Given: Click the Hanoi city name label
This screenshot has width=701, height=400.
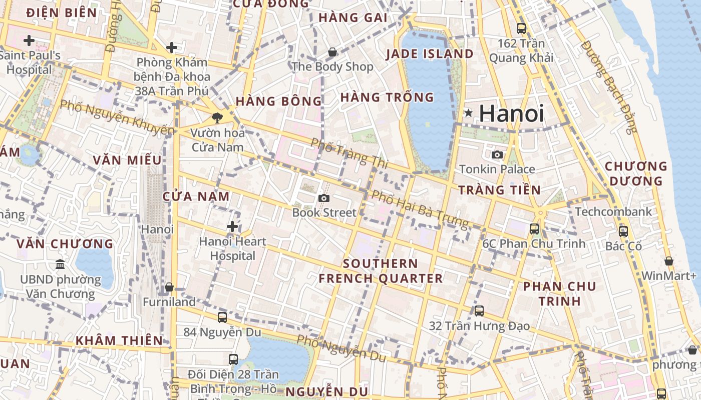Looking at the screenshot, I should click(x=511, y=113).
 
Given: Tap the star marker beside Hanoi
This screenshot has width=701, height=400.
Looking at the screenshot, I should click(x=468, y=113).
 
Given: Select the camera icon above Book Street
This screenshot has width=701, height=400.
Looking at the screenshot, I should click(x=324, y=198).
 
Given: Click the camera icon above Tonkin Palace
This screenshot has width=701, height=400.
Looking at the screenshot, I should click(x=497, y=154).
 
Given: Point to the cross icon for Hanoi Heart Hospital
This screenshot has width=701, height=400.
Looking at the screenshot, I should click(x=232, y=226).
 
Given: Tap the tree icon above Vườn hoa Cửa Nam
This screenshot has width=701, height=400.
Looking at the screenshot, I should click(x=217, y=118).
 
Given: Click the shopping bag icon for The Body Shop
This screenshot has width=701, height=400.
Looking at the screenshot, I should click(x=332, y=52).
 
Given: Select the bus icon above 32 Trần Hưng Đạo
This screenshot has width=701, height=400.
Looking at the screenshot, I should click(x=479, y=311).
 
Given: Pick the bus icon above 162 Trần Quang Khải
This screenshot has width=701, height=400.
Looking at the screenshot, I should click(x=521, y=28).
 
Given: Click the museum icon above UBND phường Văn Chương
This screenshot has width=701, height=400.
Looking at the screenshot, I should click(x=60, y=263).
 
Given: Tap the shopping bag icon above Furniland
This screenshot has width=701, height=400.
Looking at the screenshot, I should click(x=169, y=287).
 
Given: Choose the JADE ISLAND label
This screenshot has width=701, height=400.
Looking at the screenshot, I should click(x=430, y=54).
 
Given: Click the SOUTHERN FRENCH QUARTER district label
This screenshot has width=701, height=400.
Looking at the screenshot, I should click(x=381, y=271).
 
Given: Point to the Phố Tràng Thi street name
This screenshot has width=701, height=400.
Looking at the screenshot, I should click(x=345, y=152).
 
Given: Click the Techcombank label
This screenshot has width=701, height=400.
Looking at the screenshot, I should click(x=613, y=211).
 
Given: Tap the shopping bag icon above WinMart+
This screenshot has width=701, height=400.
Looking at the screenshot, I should click(x=669, y=261).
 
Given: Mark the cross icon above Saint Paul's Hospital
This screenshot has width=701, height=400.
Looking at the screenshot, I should click(x=29, y=40).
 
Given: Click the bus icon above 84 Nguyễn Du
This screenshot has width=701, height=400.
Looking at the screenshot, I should click(x=222, y=317).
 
